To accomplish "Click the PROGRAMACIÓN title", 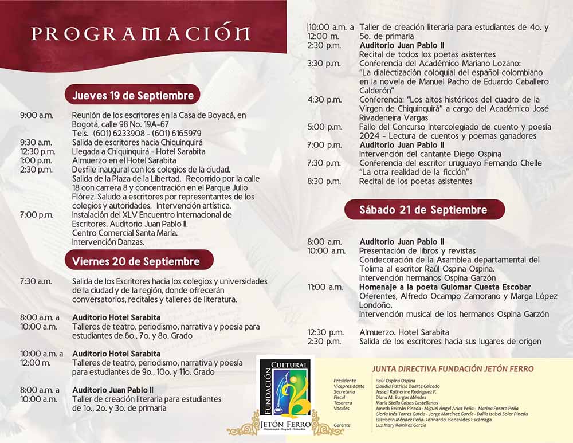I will point(140,33).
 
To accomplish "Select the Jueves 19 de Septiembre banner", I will point(133,95).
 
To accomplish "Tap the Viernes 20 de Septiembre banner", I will point(136,262).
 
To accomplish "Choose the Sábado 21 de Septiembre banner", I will point(423,210).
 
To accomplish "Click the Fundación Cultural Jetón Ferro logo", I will point(285,395).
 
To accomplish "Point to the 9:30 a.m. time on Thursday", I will point(36,142).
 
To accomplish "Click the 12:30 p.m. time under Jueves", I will point(38,151).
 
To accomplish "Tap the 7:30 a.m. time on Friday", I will point(36,281).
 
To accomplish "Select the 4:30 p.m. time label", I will point(324,100).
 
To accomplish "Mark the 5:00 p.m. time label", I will point(324,127).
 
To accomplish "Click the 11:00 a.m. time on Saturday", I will point(325,287).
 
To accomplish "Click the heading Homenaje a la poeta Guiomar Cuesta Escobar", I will point(445,287).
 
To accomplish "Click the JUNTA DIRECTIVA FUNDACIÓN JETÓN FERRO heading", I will point(453,369).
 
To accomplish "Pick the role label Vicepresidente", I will point(349,386).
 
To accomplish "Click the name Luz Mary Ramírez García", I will point(401,425).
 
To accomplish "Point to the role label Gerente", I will point(342,425).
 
